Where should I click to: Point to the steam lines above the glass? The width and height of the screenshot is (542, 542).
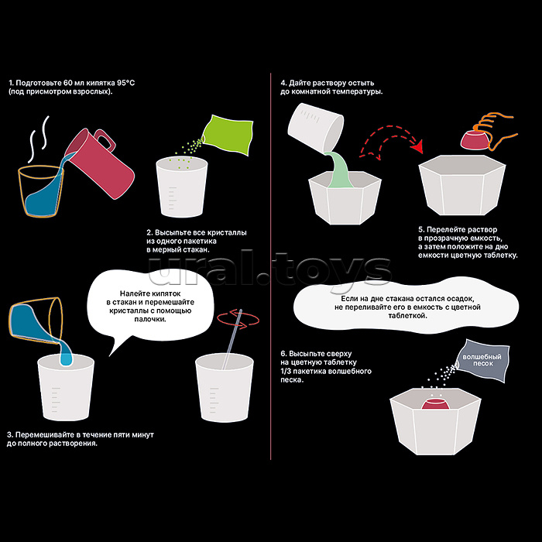pos(39,139)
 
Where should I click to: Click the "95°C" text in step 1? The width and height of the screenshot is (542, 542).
pos(125,83)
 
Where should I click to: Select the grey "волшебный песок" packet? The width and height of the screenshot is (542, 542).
pos(482,361)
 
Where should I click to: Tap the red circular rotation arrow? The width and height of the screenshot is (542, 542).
pos(238,319)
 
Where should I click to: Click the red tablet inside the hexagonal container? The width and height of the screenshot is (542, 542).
pos(435,403)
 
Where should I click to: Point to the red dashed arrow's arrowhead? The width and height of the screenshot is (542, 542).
pos(418,147)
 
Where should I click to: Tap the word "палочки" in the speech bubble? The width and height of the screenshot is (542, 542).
pos(150,319)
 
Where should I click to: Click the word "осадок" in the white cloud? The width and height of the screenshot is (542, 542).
pos(460,298)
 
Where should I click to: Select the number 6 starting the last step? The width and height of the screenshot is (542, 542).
pos(283,354)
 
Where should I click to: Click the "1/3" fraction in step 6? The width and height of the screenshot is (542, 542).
pos(286,371)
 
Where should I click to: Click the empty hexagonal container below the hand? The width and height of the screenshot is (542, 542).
pos(462,184)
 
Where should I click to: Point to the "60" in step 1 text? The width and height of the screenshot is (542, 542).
pos(68,83)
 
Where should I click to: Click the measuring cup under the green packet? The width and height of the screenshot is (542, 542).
pos(182,187)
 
